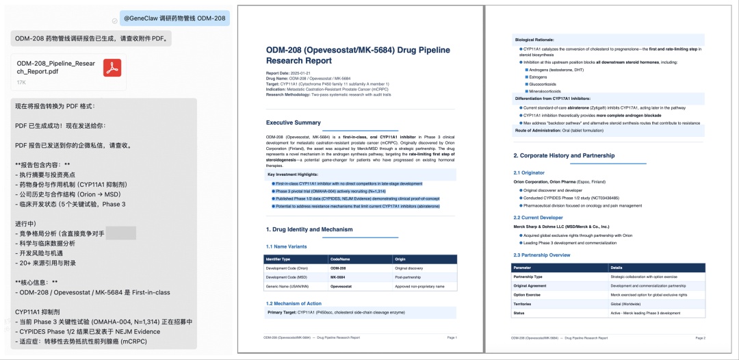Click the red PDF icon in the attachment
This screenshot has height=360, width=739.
[x=112, y=68]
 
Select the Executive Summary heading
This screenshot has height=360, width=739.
[x=293, y=123]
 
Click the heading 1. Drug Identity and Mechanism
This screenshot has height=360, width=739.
[x=309, y=229]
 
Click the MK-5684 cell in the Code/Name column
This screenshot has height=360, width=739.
[x=337, y=277]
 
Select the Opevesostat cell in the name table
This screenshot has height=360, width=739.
[x=343, y=286]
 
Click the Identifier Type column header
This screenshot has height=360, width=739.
[x=281, y=259]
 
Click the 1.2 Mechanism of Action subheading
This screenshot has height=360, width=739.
[x=294, y=303]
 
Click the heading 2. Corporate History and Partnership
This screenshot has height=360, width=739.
[x=564, y=155]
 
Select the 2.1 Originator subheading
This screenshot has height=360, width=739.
[x=529, y=172]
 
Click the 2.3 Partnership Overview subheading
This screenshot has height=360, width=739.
[x=542, y=255]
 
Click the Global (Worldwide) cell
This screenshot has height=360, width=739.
[x=626, y=304]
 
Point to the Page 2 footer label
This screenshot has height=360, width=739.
[x=699, y=338]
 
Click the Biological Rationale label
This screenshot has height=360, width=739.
[x=534, y=40]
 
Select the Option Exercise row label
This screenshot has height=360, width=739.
[x=527, y=294]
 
